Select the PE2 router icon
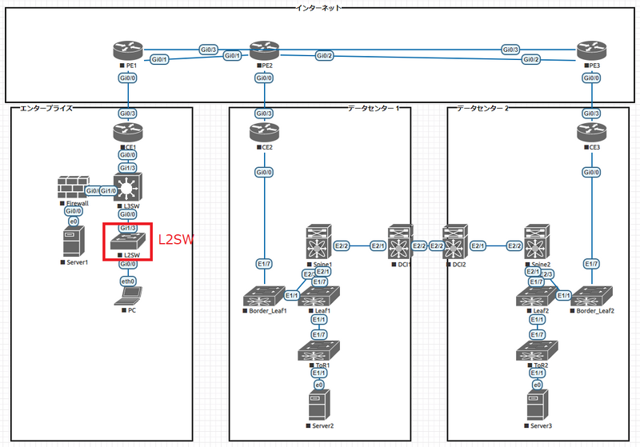click(262, 50)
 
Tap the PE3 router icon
click(589, 50)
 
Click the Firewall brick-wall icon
click(74, 189)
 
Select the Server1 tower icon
click(73, 241)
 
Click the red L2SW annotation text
click(175, 239)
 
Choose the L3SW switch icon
click(127, 188)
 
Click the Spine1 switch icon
click(318, 243)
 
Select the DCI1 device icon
click(399, 243)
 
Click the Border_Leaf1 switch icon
click(262, 295)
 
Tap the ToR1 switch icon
click(318, 351)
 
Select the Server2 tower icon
click(318, 406)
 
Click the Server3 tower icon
click(535, 406)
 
